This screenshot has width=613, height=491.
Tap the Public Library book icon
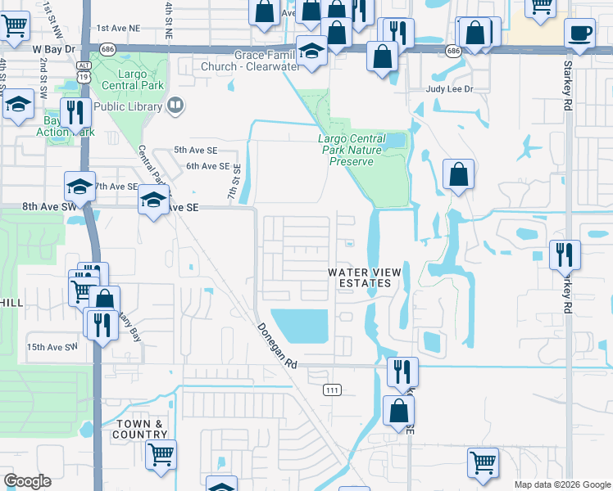[175, 105]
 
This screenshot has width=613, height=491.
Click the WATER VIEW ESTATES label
[360, 277]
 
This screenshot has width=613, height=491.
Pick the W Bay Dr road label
[54, 49]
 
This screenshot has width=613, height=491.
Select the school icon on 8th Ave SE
[153, 200]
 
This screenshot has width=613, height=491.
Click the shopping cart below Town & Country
[161, 453]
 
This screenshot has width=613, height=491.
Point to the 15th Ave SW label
[52, 347]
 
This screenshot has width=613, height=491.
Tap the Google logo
[27, 481]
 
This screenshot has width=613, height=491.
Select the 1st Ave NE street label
[119, 28]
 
